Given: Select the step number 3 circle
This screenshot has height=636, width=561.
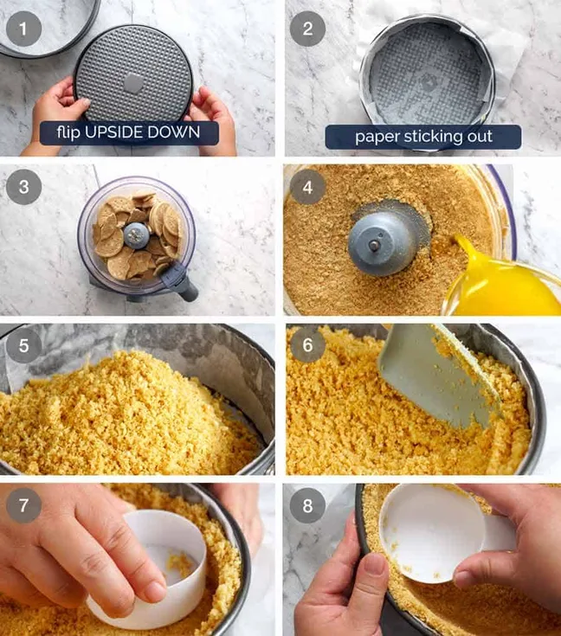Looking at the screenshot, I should tap(23, 187).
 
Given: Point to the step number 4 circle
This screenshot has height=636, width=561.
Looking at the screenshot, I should tap(307, 187).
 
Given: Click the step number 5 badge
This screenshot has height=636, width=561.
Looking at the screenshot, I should tap(23, 345).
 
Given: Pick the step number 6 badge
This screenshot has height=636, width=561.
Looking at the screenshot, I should tap(307, 345).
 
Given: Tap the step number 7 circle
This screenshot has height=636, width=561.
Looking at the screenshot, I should tap(23, 504).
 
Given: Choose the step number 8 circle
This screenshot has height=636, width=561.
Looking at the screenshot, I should tap(307, 504).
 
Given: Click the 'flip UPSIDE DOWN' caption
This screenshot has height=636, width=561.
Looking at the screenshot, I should tap(129, 134).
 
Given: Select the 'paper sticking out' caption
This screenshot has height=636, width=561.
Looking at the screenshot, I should tap(423, 137).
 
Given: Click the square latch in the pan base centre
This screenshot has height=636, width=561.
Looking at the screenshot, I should tap(132, 83).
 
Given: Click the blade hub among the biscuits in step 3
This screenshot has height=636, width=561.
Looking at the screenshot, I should tap(136, 233).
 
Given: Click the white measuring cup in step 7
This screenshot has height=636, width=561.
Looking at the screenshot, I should tap(156, 567).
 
